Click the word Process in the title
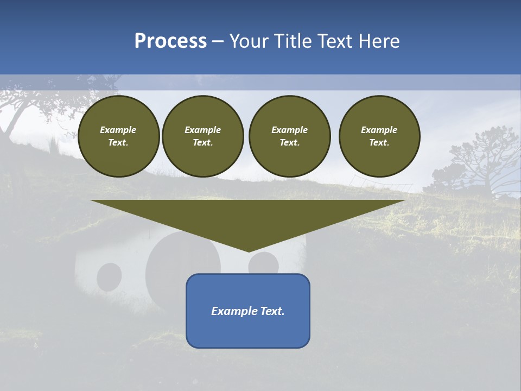tap(170, 41)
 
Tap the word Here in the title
tap(379, 41)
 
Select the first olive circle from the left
tap(118, 136)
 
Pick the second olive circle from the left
tap(203, 136)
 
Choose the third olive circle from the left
tap(289, 136)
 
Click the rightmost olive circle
tap(379, 136)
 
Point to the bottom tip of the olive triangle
tap(249, 251)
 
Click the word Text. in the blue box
tap(273, 311)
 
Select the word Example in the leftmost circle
tap(118, 130)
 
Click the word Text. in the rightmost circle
tap(379, 143)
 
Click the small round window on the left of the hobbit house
tap(109, 276)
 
